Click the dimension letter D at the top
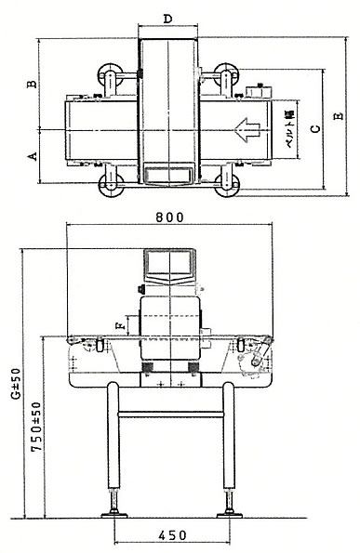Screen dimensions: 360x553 point(168,19)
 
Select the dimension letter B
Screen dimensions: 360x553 point(33,85)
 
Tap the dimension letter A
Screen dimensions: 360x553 point(33,156)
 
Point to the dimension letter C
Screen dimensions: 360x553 point(316,129)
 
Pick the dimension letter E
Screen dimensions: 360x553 point(339,116)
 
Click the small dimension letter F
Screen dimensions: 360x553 point(121,325)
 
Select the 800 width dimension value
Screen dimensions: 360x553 point(169,217)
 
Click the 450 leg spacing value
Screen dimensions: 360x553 point(172,535)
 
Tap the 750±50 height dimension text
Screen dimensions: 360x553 point(36,427)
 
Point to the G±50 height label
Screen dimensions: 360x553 point(16,384)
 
